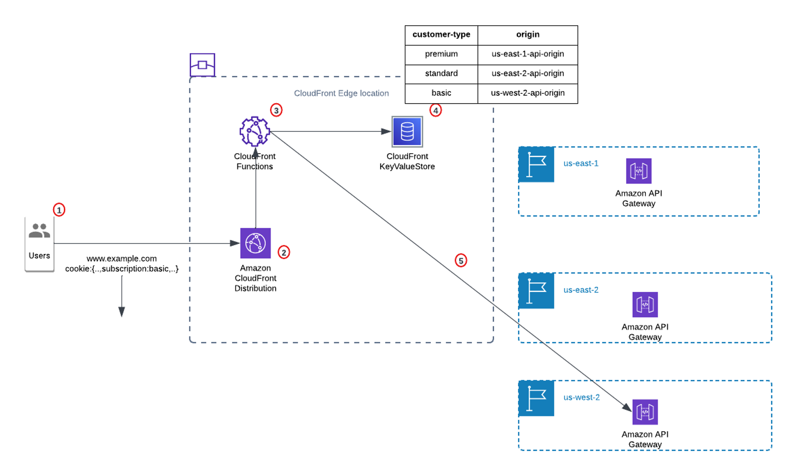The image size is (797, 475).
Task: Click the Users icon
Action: coord(39,231)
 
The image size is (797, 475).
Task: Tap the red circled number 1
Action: coord(59,210)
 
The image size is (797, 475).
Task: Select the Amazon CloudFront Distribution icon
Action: coord(255,243)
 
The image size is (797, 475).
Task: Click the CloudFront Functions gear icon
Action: coord(255,131)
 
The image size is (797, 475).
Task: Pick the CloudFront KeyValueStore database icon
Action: coord(407,132)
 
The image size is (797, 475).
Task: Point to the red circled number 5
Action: coord(461,260)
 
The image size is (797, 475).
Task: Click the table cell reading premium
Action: coord(441,54)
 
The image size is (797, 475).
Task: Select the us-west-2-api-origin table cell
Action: coord(527,93)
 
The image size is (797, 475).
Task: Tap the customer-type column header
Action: coord(441,35)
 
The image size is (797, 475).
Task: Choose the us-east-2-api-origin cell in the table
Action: coord(527,73)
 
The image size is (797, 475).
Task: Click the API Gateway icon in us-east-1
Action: coord(638,171)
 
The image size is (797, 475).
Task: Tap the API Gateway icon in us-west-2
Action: coord(645,412)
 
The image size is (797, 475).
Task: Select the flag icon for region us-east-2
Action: coord(536,291)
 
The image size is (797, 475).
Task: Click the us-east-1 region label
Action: coord(580,163)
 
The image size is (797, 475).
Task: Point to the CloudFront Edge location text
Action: coord(341,93)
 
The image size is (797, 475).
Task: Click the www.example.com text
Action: coord(121,258)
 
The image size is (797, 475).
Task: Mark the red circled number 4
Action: coord(435,110)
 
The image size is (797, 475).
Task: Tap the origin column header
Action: coord(527,35)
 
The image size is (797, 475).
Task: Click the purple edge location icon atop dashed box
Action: coord(202,65)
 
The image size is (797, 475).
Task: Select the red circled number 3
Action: coord(276,110)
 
